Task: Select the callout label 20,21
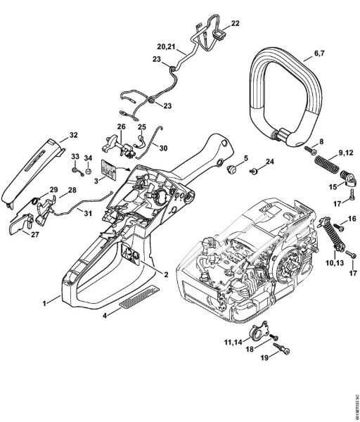pyautogui.click(x=166, y=46)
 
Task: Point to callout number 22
pyautogui.click(x=234, y=23)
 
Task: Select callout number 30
pyautogui.click(x=163, y=148)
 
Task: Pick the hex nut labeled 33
pyautogui.click(x=74, y=170)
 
